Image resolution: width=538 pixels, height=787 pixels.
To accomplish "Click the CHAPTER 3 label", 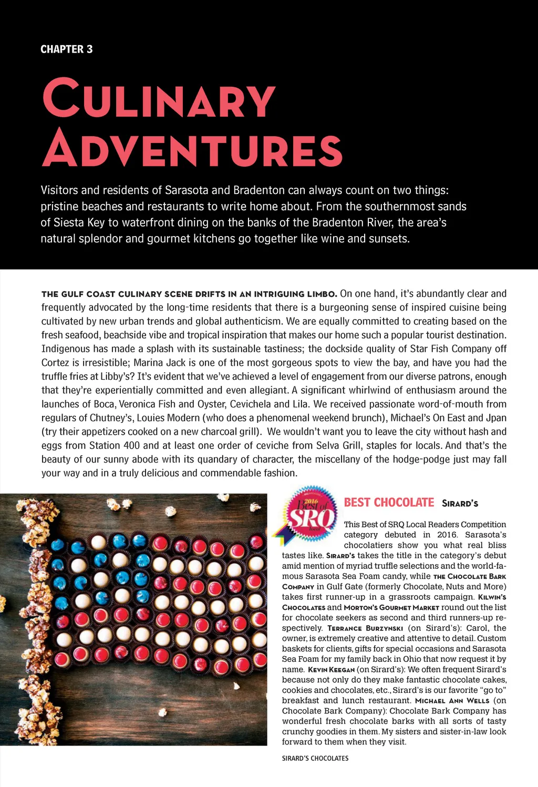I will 67,49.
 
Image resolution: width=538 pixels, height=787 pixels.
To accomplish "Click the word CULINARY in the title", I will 159,99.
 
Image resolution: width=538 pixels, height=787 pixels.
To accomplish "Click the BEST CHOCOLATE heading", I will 389,503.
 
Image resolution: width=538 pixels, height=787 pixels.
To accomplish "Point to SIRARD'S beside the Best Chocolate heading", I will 460,504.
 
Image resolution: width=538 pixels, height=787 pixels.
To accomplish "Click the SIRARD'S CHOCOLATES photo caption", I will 315,758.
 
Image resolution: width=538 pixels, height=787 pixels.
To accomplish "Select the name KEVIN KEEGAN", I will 331,670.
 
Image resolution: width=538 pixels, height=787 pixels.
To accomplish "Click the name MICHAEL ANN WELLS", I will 452,701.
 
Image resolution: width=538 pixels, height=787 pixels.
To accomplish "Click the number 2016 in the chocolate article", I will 447,535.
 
